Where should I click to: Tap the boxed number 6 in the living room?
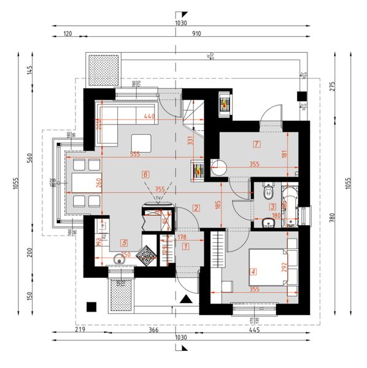145,174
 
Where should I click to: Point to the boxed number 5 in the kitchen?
124,242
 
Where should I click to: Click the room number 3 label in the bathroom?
272,207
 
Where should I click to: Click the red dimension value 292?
284,268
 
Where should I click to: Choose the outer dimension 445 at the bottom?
254,331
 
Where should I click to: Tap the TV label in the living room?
159,199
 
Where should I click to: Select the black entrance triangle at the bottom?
186,300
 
